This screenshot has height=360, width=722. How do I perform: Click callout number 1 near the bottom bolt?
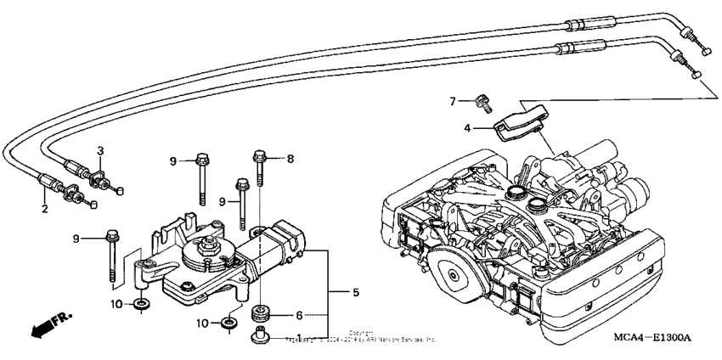(324, 337)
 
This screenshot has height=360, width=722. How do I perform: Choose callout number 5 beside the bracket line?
(355, 292)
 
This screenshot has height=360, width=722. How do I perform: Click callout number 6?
(298, 315)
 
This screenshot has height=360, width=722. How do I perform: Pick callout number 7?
(454, 101)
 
